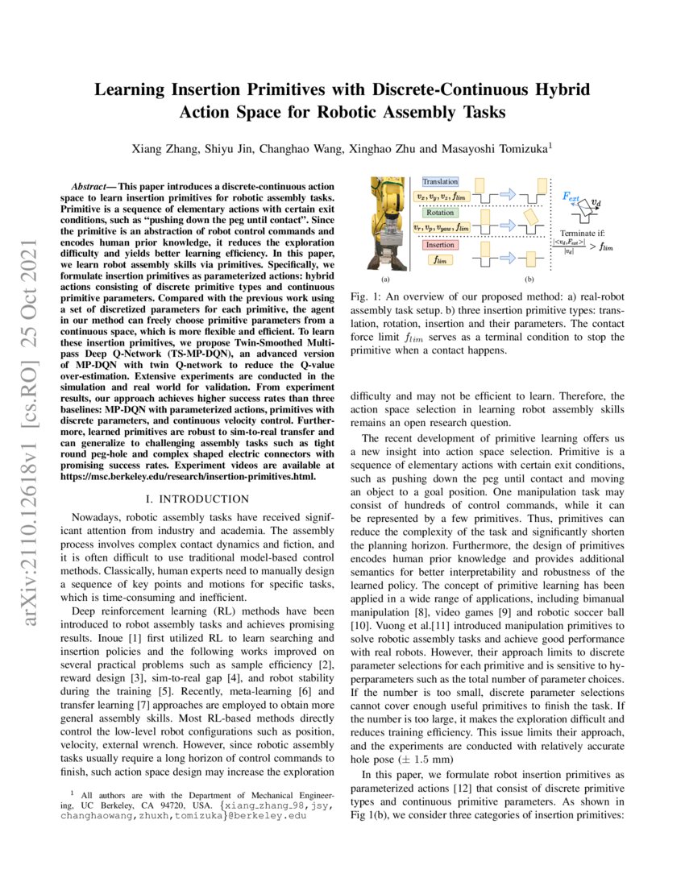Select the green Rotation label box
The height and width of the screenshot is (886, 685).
pos(435,213)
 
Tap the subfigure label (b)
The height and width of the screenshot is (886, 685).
pos(529,279)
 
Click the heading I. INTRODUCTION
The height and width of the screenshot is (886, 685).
pos(200,499)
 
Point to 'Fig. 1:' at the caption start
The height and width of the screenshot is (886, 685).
pos(366,297)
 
